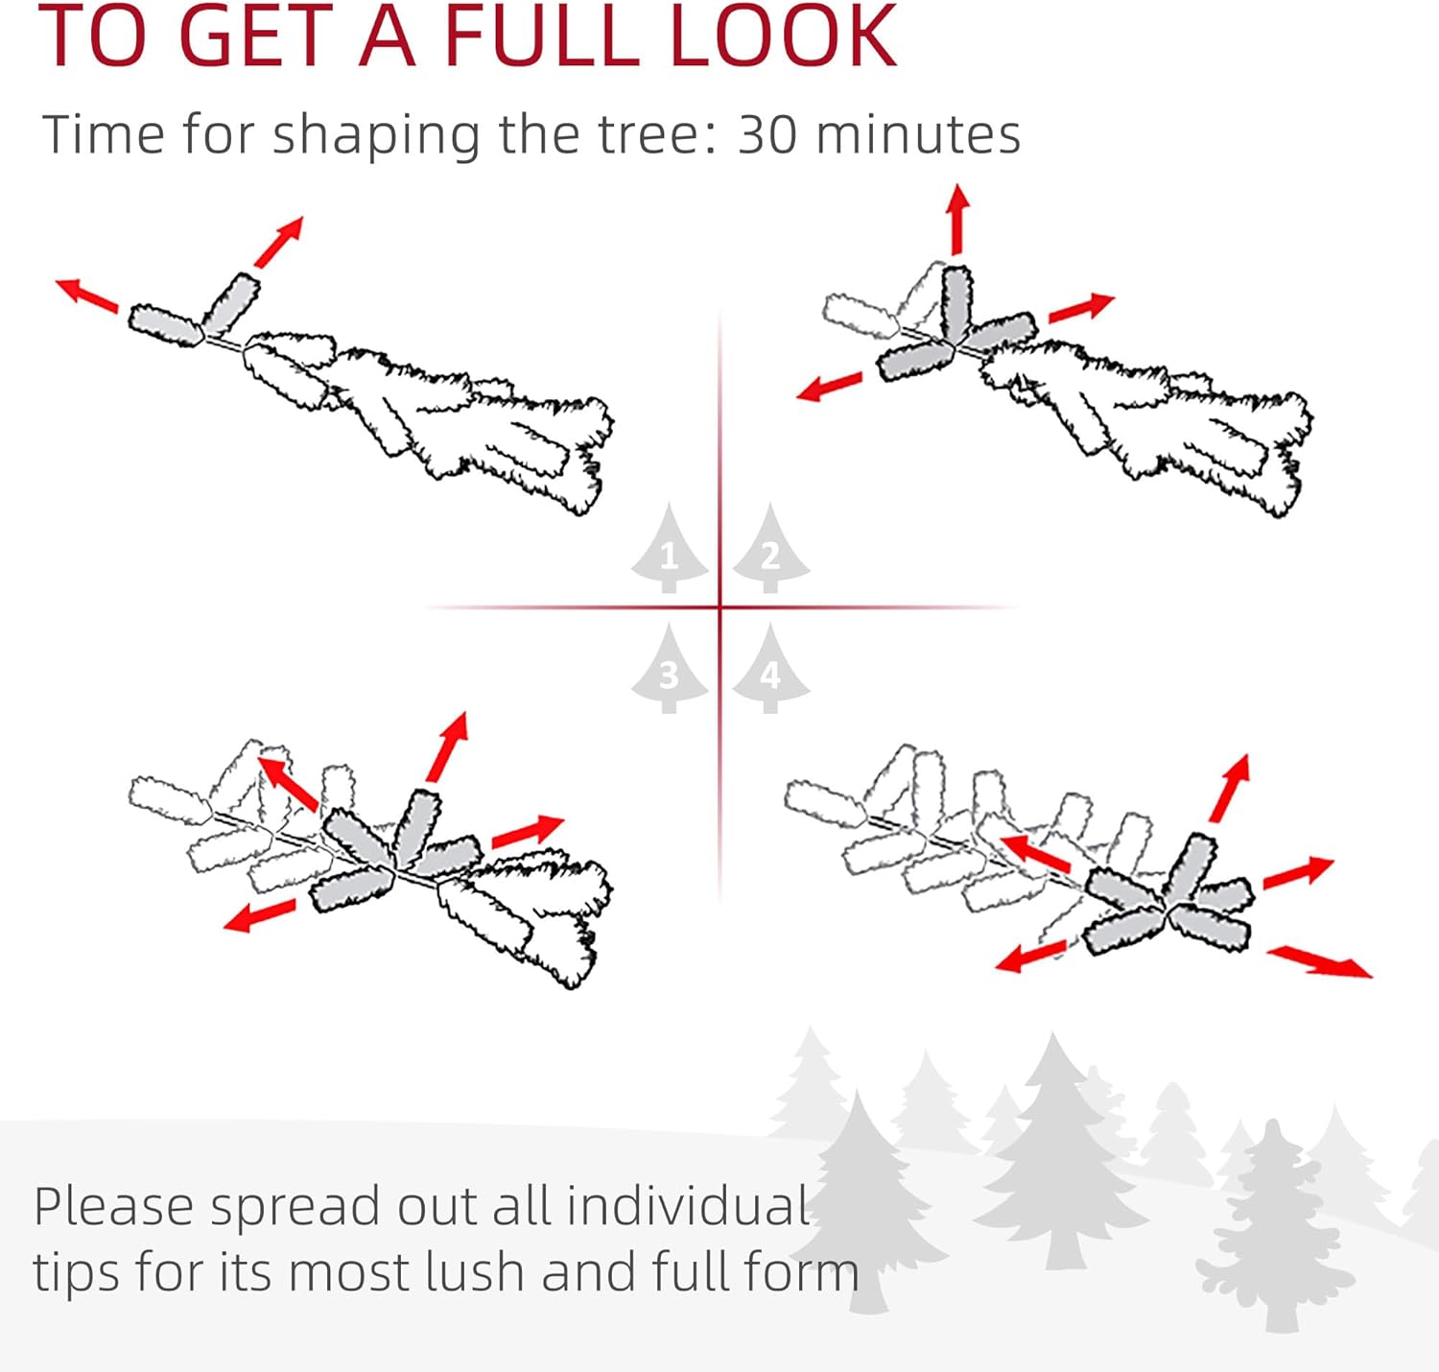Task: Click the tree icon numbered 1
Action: click(x=669, y=549)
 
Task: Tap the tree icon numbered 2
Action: click(x=770, y=549)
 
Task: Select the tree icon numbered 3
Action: click(x=669, y=669)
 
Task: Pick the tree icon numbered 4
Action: click(x=770, y=669)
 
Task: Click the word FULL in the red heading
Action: click(x=543, y=35)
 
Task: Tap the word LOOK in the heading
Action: click(x=783, y=35)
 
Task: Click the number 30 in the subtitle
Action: click(x=767, y=134)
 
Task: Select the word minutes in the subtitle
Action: click(x=918, y=134)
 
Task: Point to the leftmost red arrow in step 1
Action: click(x=87, y=296)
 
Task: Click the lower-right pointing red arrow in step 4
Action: click(x=1319, y=961)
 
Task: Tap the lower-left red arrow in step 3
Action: click(x=260, y=915)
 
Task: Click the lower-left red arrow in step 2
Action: click(x=829, y=386)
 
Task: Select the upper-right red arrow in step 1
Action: click(x=278, y=242)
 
